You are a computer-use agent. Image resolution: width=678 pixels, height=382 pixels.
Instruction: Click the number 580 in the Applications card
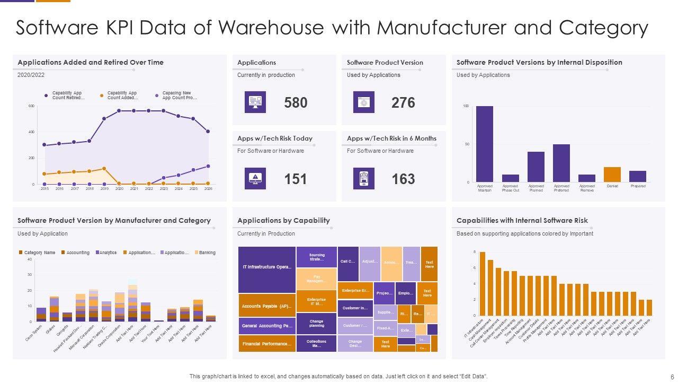296,102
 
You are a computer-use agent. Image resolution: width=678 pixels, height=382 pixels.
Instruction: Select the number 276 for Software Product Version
403,102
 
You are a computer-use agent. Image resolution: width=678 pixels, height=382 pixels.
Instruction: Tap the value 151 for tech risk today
296,179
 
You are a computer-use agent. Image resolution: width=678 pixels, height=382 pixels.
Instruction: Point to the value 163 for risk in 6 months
403,179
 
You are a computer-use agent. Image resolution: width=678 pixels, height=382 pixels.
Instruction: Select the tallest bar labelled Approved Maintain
485,144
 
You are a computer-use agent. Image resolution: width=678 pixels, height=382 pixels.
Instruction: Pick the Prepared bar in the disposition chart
638,177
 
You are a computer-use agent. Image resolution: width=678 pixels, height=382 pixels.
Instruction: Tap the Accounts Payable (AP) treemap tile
267,306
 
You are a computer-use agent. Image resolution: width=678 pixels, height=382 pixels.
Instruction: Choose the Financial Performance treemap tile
267,344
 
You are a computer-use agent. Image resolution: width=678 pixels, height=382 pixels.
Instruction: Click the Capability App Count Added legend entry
121,95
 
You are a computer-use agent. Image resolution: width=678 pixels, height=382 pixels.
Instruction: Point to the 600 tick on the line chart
31,106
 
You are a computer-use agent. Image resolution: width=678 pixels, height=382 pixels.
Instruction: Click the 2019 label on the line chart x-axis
104,189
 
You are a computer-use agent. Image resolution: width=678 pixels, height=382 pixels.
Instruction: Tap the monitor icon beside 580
255,102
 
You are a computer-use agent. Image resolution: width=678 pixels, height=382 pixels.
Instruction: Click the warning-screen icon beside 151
255,179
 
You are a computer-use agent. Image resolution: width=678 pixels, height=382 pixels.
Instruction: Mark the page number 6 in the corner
665,376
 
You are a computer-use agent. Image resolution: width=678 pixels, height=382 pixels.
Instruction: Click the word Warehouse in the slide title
262,28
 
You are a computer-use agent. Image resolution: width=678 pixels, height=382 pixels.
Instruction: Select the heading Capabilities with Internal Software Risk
522,221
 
